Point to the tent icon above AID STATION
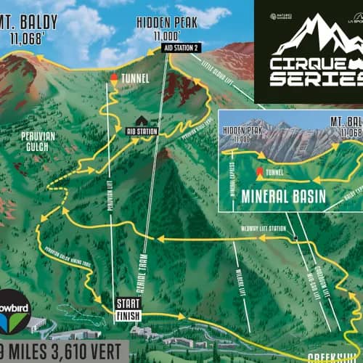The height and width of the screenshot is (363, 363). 141,121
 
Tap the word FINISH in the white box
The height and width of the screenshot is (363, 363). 127,315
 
